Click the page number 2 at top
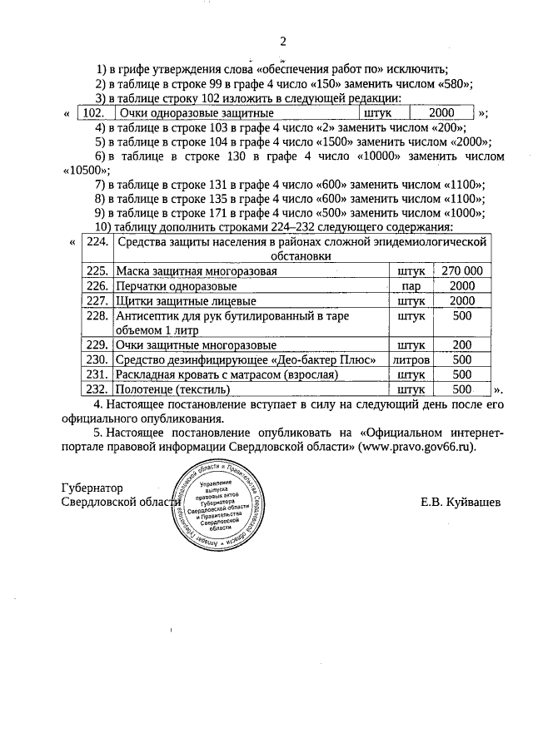[282, 42]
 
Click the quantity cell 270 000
[462, 271]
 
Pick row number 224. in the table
[97, 242]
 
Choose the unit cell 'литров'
[412, 359]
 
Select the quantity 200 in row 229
[462, 344]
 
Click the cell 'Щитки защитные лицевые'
[174, 301]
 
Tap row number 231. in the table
[97, 374]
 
